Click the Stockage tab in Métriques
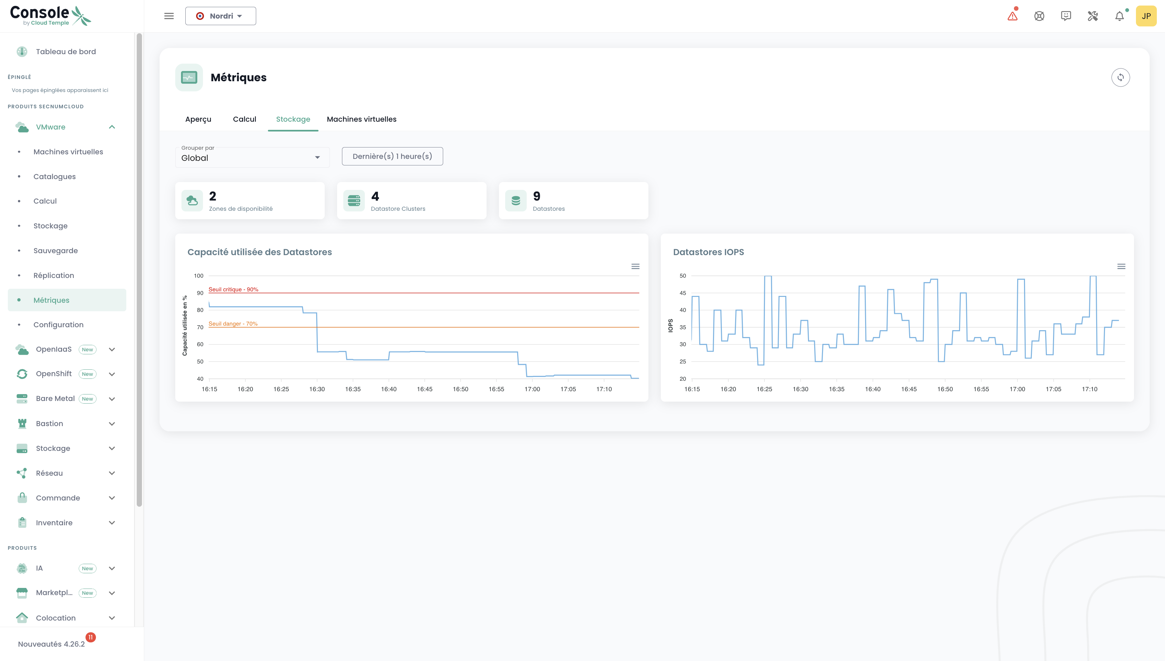click(x=293, y=119)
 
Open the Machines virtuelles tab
click(x=361, y=119)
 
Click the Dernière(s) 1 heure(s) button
click(x=392, y=156)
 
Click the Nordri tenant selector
click(x=221, y=16)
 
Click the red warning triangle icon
click(x=1013, y=16)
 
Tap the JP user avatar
click(x=1146, y=16)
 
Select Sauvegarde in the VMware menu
click(x=55, y=251)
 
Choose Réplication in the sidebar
click(x=54, y=275)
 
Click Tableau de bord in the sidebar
click(x=66, y=51)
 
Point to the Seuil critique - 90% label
click(x=233, y=289)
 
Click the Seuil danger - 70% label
click(x=233, y=324)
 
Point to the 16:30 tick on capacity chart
click(x=317, y=389)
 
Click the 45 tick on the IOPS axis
click(x=682, y=293)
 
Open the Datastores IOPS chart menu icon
click(x=1121, y=267)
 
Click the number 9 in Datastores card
click(x=536, y=196)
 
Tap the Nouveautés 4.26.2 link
click(x=51, y=644)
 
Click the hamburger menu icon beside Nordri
click(x=169, y=16)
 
